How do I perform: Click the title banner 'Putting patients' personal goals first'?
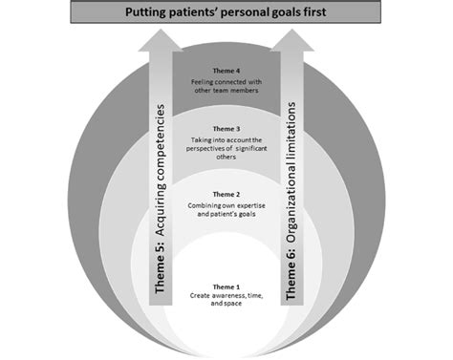coord(226,12)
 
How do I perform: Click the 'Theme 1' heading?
coord(226,287)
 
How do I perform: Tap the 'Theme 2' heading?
coord(226,194)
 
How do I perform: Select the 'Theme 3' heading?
coord(226,129)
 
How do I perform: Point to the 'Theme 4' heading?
coord(226,71)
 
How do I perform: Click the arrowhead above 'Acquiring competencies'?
coord(161,40)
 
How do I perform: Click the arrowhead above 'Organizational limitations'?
coord(292,40)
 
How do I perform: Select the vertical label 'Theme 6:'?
coord(291,274)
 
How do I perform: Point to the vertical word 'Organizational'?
coord(291,204)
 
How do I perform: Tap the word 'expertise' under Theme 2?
coord(251,206)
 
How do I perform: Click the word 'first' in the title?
coord(314,12)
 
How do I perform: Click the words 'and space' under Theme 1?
coord(226,304)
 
